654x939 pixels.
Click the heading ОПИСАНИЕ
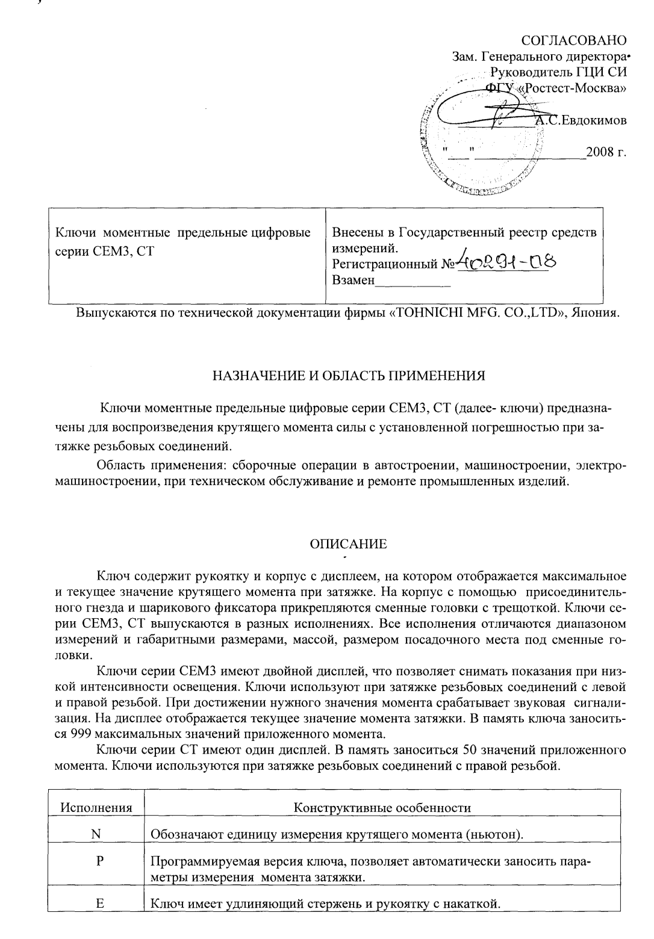click(348, 544)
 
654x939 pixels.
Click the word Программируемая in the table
click(202, 861)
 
